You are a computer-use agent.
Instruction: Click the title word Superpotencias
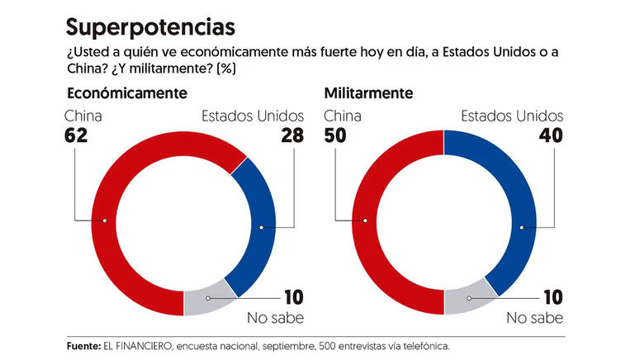[x=145, y=26]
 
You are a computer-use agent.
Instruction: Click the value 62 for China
[x=77, y=135]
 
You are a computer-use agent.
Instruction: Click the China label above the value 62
[x=83, y=116]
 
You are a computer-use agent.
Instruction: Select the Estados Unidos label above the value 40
[x=512, y=116]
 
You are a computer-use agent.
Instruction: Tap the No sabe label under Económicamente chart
[x=276, y=318]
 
